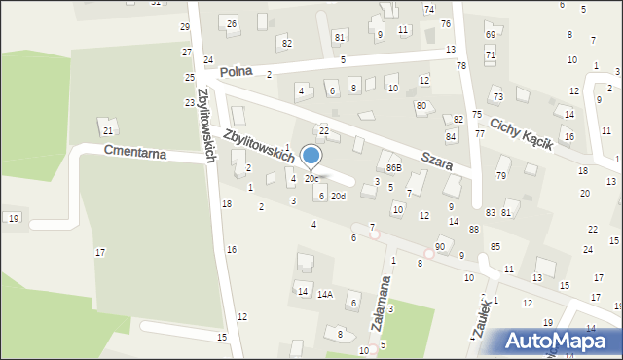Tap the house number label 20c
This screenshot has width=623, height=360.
(x=311, y=179)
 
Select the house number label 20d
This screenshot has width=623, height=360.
(x=338, y=197)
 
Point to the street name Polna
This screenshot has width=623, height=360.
(x=236, y=72)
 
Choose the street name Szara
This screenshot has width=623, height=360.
(x=436, y=161)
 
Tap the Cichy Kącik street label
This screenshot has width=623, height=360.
(x=521, y=134)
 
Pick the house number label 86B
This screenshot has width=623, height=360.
(x=392, y=168)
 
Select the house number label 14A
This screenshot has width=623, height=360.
(x=324, y=293)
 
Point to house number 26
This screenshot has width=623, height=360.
(x=232, y=23)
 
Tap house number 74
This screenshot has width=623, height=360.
(x=429, y=9)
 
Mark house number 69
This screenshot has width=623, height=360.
(x=490, y=35)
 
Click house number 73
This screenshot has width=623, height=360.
(x=497, y=97)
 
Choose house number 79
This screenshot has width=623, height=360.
(x=501, y=176)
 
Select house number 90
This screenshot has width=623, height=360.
(x=440, y=247)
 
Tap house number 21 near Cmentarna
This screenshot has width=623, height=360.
(x=108, y=130)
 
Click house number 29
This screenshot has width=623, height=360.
(x=185, y=26)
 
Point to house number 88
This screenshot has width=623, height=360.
(x=473, y=230)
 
